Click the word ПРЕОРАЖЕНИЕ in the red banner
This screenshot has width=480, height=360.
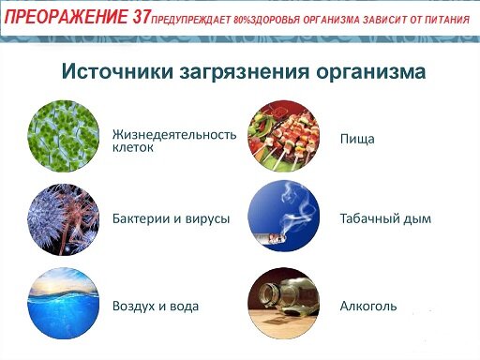click(x=67, y=17)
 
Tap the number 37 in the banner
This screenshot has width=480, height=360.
click(x=142, y=17)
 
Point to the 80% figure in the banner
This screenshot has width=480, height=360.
click(x=242, y=20)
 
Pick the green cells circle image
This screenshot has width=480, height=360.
click(x=64, y=136)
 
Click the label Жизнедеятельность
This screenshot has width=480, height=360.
click(x=174, y=135)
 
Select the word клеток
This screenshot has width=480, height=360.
click(x=133, y=147)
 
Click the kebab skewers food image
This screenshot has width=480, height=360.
click(x=283, y=136)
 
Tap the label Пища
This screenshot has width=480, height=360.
click(x=357, y=139)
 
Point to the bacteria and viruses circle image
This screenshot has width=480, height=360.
click(x=64, y=219)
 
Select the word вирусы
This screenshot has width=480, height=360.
click(x=207, y=219)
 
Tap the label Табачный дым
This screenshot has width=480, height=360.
click(x=385, y=218)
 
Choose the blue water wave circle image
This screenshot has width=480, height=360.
click(x=64, y=304)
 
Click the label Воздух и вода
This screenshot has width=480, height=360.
click(x=156, y=306)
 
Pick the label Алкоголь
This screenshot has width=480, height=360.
click(x=368, y=306)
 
